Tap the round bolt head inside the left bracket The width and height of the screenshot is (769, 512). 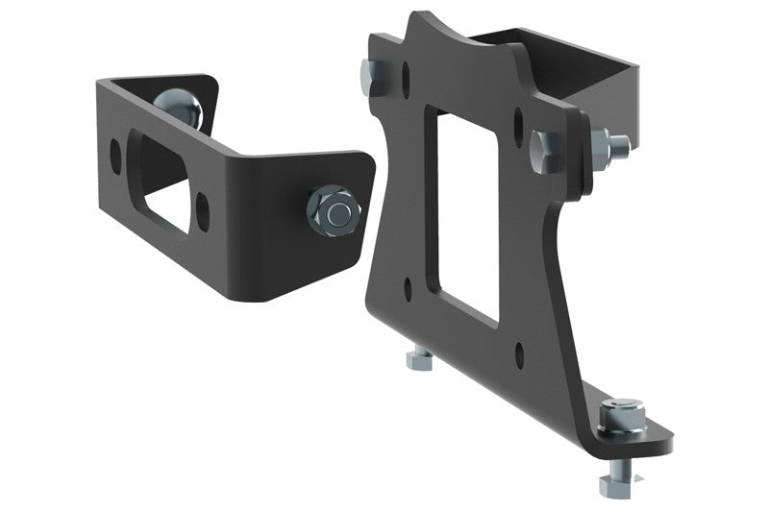tap(179, 107)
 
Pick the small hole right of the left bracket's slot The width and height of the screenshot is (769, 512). tap(203, 205)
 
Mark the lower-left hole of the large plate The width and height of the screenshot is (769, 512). tap(409, 284)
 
